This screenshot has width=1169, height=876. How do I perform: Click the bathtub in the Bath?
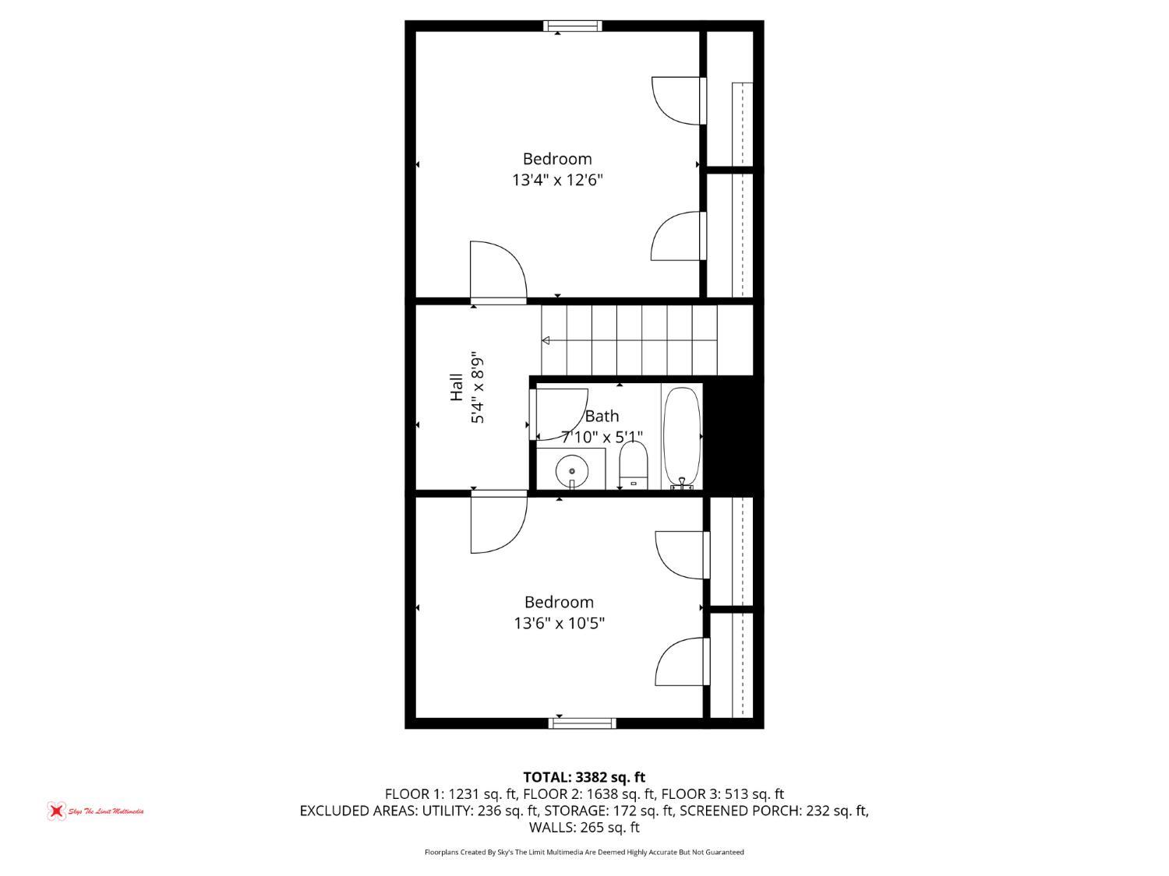682,437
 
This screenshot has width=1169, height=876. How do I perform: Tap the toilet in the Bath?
634,466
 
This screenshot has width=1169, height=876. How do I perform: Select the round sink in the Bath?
571,470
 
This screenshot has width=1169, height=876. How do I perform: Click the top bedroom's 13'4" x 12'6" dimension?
557,181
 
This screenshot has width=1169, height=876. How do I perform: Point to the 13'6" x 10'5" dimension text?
559,624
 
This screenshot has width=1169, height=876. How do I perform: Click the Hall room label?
457,388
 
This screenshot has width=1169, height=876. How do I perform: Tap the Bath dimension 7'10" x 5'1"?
602,437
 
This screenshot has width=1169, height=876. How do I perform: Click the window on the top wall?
573,26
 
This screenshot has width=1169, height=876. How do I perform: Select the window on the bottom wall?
582,723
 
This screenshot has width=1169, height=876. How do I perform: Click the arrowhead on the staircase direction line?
546,340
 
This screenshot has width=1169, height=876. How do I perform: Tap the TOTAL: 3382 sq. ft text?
584,777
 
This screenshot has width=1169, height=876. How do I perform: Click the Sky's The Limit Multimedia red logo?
56,811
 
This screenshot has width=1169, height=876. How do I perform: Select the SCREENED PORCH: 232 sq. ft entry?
773,811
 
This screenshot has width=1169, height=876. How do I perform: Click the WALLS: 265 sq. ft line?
584,828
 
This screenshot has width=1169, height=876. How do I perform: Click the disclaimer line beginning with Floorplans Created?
584,852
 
